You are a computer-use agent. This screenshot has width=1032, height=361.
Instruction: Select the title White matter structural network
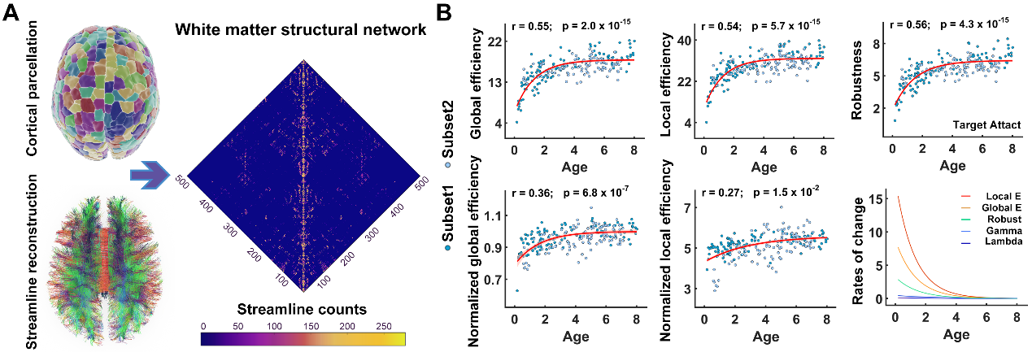[x=302, y=32]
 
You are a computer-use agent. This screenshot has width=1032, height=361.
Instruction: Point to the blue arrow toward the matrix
[x=150, y=175]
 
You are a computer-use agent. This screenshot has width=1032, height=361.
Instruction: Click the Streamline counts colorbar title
[x=303, y=309]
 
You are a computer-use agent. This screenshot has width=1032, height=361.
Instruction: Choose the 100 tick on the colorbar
[x=275, y=324]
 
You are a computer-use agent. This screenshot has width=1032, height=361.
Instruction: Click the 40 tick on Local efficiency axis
[x=687, y=41]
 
